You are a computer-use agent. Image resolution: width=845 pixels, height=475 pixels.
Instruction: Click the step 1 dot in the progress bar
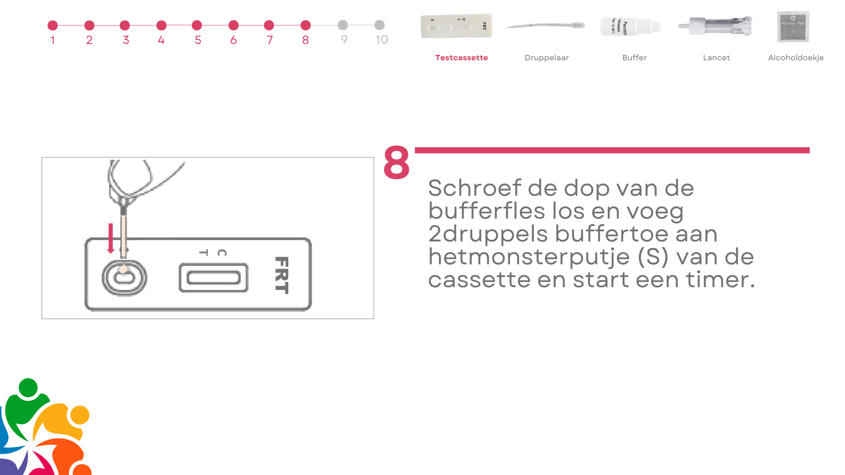tap(52, 26)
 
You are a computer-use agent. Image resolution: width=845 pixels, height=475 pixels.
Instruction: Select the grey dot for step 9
tap(343, 25)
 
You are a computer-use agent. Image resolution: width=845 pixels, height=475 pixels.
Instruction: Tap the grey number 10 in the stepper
tap(382, 40)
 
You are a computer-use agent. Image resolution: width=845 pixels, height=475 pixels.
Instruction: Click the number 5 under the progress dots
tap(198, 40)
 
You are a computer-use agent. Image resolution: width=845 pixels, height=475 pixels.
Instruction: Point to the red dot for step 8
tap(306, 26)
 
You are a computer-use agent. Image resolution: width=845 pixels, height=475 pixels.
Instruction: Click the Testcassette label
tap(461, 58)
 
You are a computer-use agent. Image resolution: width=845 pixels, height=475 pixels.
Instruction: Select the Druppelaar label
tap(547, 58)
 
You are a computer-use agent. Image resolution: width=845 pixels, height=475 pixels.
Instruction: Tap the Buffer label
tap(634, 58)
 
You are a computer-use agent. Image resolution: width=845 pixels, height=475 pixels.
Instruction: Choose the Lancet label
tap(716, 58)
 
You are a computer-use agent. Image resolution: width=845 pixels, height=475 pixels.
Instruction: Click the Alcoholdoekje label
tap(796, 58)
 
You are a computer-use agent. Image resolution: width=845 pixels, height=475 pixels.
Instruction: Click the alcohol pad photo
tap(793, 26)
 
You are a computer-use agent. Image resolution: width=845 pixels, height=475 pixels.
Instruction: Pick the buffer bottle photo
tap(631, 26)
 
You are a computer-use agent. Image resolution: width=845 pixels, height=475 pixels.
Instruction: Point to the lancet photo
tap(715, 26)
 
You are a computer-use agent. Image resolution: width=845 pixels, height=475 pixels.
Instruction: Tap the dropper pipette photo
tap(546, 26)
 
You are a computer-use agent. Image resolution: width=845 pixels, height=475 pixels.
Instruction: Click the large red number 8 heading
tap(397, 162)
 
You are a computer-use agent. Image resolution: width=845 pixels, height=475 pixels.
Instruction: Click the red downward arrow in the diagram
tap(110, 238)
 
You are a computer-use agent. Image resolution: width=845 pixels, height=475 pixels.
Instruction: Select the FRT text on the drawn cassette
tap(282, 275)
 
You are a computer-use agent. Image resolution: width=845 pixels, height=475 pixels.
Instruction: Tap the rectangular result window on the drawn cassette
tap(213, 278)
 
